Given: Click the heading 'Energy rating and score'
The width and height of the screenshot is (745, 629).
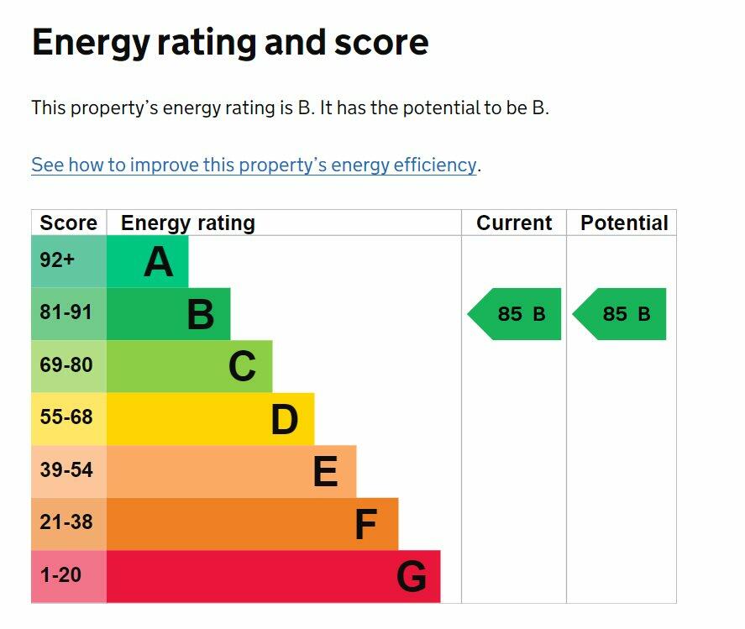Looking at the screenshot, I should (x=230, y=42).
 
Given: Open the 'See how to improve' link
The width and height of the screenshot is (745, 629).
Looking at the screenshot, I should (x=254, y=165).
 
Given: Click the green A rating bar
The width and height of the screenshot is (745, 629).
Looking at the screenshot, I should (x=148, y=261).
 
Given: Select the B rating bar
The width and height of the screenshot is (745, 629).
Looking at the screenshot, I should (x=168, y=314).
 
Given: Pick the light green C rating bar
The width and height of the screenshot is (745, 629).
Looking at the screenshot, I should (x=189, y=366).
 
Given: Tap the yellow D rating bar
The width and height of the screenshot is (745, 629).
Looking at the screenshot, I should (x=210, y=418).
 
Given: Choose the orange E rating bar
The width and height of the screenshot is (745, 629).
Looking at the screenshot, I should (x=231, y=471).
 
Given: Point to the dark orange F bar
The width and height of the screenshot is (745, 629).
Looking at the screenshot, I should (x=252, y=524).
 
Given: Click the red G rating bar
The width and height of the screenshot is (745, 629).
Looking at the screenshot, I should (x=273, y=576).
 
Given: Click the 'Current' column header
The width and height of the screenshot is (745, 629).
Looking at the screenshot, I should (x=514, y=223).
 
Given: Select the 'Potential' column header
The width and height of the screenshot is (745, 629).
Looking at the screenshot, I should (x=624, y=223).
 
